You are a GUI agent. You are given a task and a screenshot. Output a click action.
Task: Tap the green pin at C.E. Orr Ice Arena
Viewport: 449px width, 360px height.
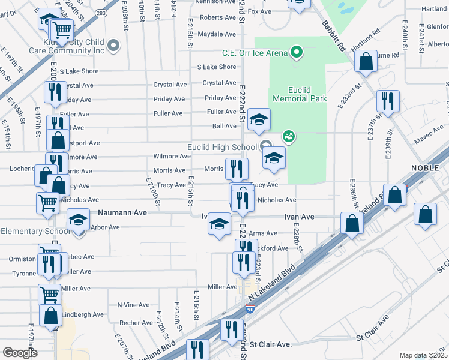pos(295,53)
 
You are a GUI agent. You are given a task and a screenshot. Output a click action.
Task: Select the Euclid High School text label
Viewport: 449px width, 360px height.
pos(223,148)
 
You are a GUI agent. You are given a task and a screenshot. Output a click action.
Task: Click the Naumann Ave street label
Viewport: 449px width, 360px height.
pos(122,212)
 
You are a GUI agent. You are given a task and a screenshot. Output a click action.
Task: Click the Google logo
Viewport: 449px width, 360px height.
pos(20,353)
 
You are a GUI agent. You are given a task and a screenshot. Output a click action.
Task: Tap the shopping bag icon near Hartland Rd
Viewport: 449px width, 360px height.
pos(365,61)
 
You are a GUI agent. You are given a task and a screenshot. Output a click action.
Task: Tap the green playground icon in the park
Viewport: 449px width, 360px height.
pos(289,137)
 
